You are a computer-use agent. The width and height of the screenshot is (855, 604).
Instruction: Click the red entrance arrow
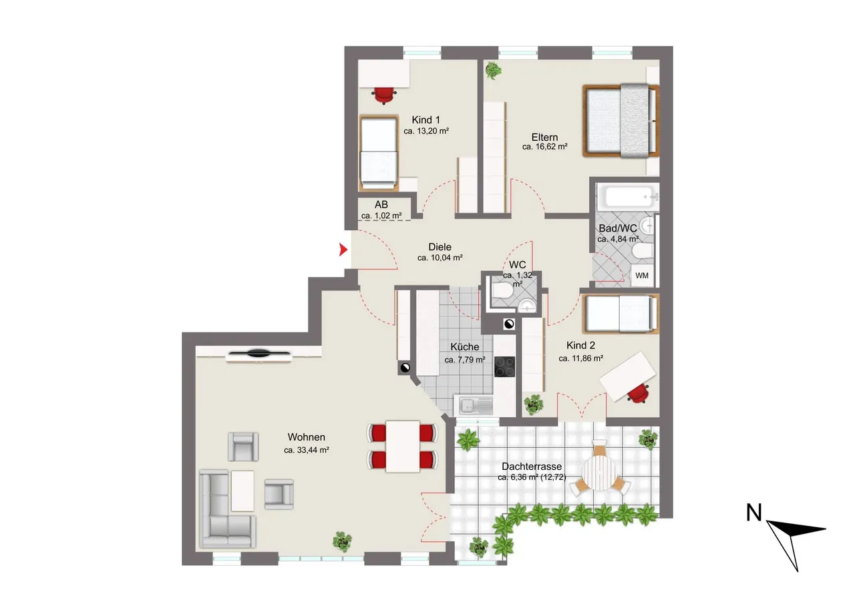pyautogui.click(x=343, y=250)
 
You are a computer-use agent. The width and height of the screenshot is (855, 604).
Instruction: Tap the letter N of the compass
pyautogui.click(x=753, y=513)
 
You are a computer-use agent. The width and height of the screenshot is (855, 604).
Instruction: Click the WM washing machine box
pyautogui.click(x=642, y=276)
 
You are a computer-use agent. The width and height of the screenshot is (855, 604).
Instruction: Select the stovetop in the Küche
pyautogui.click(x=504, y=366)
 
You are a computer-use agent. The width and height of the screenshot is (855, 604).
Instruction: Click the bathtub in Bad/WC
pyautogui.click(x=629, y=197)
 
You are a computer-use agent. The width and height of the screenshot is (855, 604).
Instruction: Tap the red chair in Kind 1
pyautogui.click(x=383, y=95)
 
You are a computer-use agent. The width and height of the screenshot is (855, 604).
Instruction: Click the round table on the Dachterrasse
pyautogui.click(x=598, y=473)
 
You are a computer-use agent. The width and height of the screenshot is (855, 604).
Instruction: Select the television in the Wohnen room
pyautogui.click(x=259, y=354)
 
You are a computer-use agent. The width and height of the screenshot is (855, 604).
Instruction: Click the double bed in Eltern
pyautogui.click(x=621, y=121)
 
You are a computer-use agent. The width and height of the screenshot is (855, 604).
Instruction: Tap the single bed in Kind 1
pyautogui.click(x=379, y=153)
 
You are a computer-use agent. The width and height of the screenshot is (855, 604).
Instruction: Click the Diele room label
pyautogui.click(x=440, y=247)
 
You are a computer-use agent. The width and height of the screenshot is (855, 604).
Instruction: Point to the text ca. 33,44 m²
pyautogui.click(x=307, y=450)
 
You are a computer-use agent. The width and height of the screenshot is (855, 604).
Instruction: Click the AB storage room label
pyautogui.click(x=381, y=205)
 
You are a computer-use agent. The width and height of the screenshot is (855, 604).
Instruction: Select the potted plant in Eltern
pyautogui.click(x=493, y=71)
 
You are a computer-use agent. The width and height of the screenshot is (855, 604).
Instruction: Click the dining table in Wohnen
pyautogui.click(x=403, y=446)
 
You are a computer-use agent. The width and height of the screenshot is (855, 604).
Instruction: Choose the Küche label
pyautogui.click(x=464, y=347)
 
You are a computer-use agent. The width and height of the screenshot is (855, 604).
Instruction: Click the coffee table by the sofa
pyautogui.click(x=242, y=491)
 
